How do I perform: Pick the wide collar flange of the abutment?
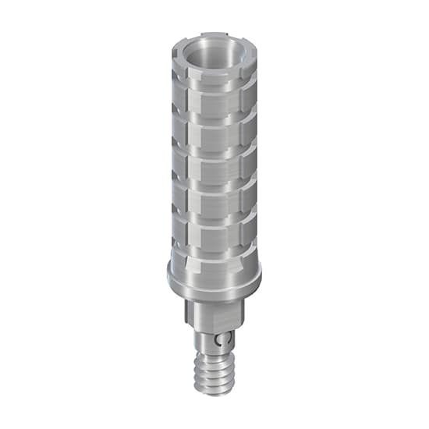[214, 273]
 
